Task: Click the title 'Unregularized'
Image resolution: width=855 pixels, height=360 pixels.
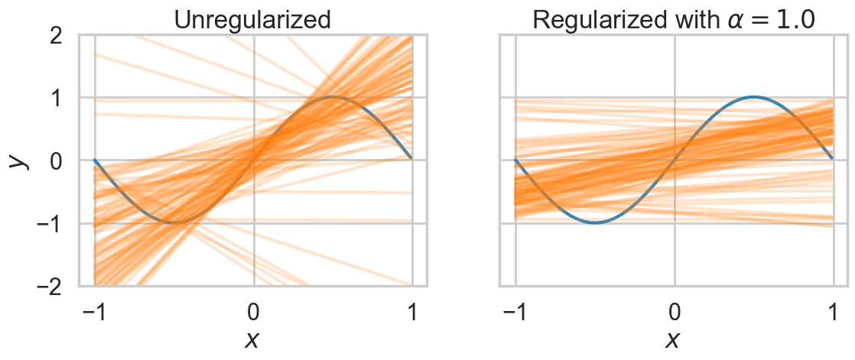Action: point(252,18)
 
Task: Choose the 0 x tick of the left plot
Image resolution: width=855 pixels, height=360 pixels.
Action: point(253,313)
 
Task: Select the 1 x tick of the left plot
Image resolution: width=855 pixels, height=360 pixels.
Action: point(412,313)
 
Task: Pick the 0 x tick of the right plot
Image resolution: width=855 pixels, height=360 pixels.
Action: point(675,313)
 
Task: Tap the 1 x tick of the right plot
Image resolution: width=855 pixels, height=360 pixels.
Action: point(833,313)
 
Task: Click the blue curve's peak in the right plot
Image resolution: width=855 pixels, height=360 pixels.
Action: point(754,97)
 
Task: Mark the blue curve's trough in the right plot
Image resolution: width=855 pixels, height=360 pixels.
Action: point(595,222)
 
